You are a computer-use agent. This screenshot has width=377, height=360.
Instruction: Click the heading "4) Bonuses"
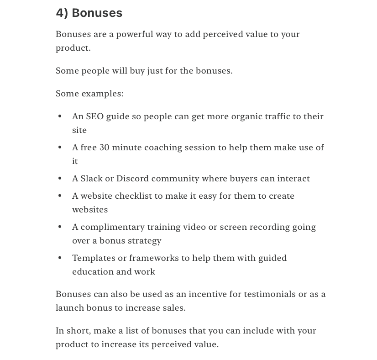tap(89, 13)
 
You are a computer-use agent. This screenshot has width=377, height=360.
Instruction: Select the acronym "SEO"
tap(94, 116)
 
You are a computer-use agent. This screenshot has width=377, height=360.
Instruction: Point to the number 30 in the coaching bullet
tap(104, 148)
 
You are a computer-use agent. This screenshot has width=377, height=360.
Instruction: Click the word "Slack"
tap(91, 179)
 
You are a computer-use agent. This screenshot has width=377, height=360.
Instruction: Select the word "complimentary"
tap(110, 227)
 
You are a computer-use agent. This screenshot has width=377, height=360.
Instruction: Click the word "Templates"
tap(94, 258)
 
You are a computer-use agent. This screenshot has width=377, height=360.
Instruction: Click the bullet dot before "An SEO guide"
tap(60, 116)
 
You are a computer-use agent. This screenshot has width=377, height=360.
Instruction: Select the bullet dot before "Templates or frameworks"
tap(60, 258)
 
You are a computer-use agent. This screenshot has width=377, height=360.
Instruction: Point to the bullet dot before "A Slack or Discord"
tap(60, 179)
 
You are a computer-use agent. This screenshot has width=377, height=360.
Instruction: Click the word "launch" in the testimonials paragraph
tap(68, 308)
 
